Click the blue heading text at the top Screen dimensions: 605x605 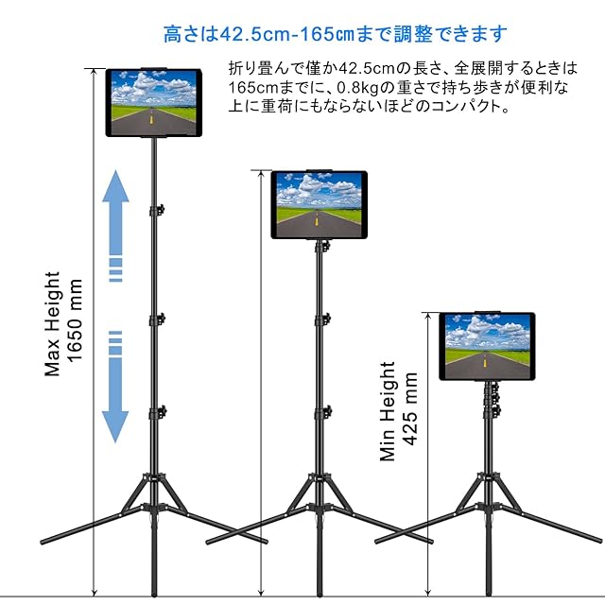coord(336,35)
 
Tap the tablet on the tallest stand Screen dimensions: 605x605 coord(153,101)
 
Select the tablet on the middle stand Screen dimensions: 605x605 coord(319,204)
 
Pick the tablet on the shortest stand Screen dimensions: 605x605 coord(487,346)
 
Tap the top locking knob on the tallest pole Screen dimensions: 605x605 coord(161,207)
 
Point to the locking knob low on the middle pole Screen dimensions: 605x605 coord(327,411)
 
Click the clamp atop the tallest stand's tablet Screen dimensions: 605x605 coord(153,68)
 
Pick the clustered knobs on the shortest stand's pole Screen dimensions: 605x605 coord(494,397)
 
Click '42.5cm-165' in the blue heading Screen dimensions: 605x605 coord(265,35)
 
